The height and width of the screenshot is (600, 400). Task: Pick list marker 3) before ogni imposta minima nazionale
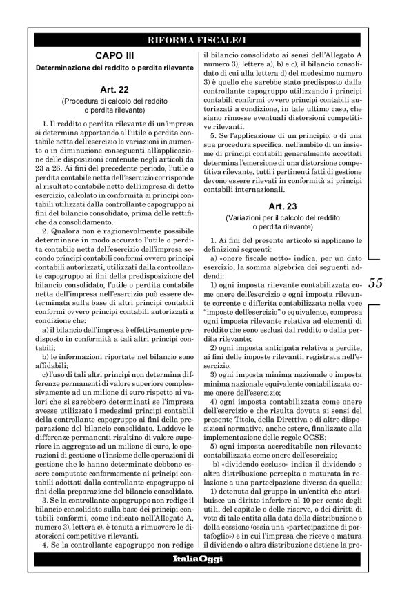pos(215,374)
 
